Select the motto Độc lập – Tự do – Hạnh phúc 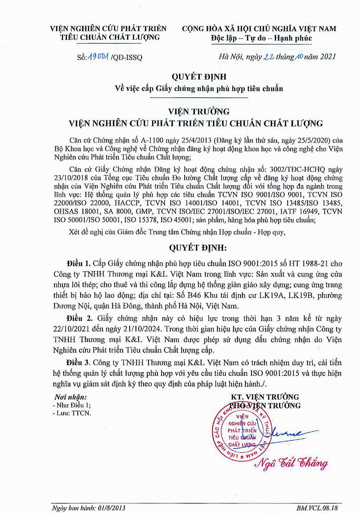click(x=261, y=38)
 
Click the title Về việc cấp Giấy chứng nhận click(x=199, y=88)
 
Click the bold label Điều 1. click(x=78, y=263)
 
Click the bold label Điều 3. click(x=78, y=363)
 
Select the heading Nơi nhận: click(x=70, y=397)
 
